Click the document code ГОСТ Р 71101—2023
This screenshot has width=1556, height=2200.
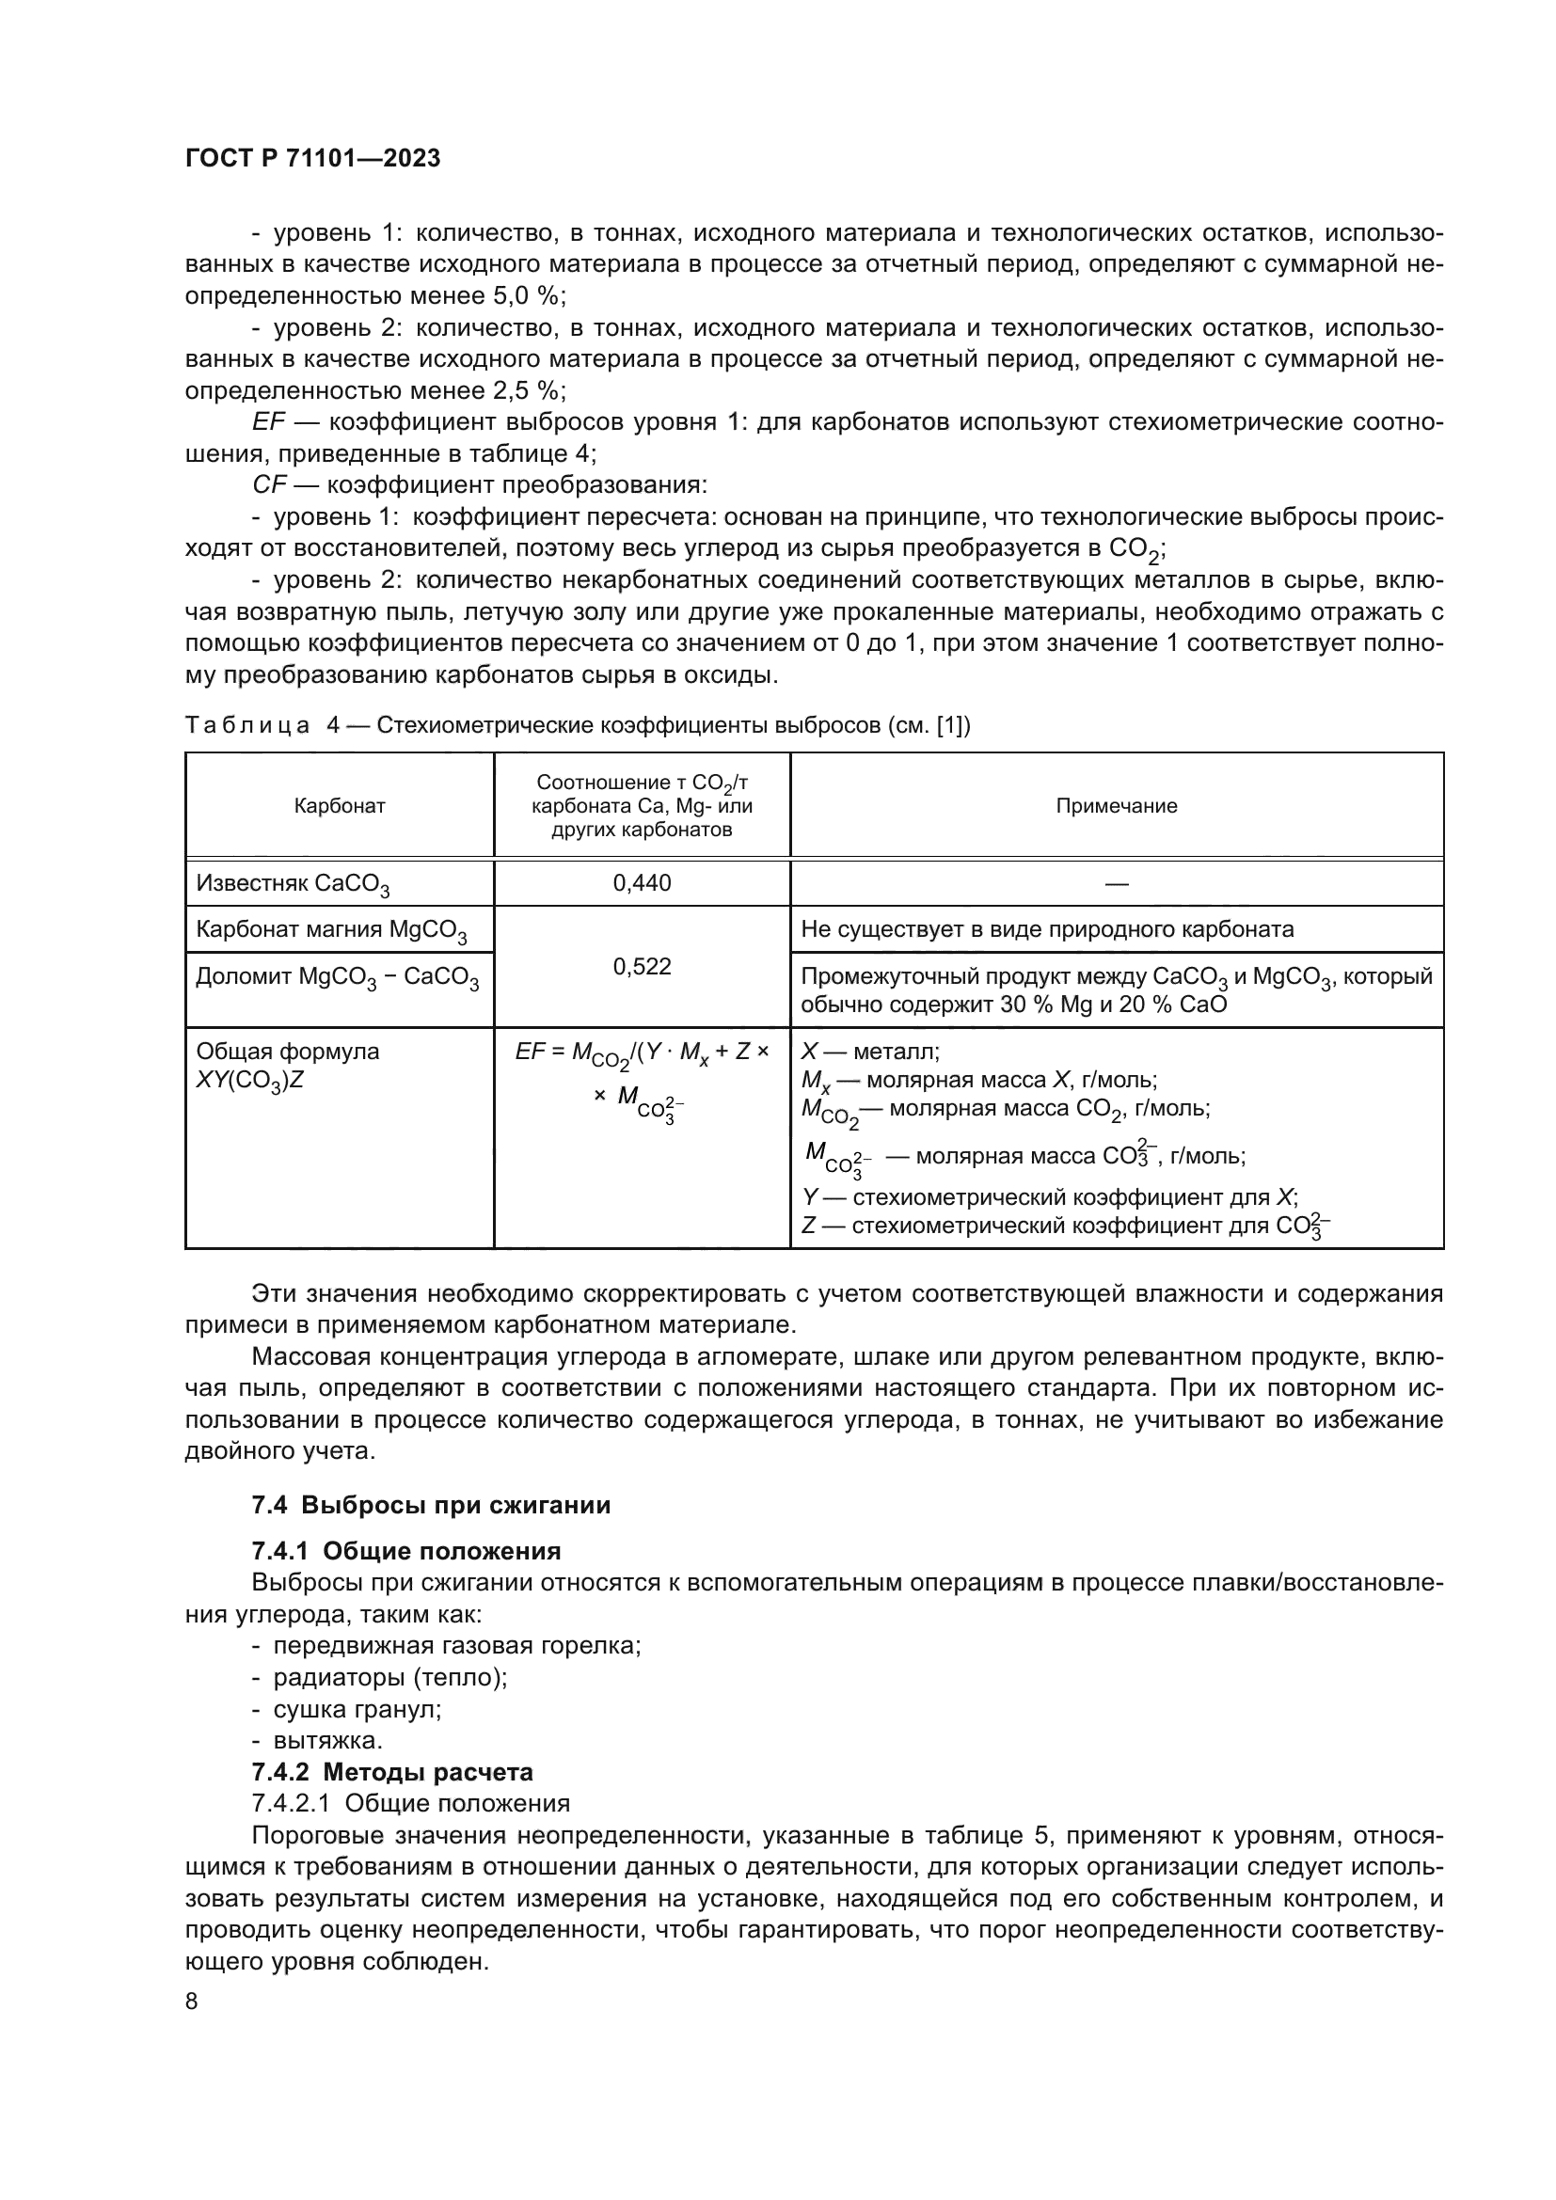(x=312, y=158)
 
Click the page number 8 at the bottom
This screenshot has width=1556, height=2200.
(x=192, y=2001)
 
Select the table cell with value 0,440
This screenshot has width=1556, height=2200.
(x=642, y=882)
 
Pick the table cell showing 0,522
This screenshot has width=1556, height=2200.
(x=642, y=966)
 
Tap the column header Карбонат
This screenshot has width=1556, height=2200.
(x=340, y=806)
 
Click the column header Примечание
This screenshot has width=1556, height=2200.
(x=1117, y=806)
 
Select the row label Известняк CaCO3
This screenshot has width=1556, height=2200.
(x=293, y=883)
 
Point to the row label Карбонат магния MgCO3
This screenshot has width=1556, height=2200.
(x=330, y=929)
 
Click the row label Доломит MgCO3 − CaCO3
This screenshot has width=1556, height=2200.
(x=338, y=977)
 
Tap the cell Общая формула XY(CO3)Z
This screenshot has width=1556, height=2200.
(x=288, y=1066)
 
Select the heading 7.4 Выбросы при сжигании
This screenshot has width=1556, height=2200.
(x=431, y=1505)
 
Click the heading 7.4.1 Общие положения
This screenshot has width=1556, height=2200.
(x=406, y=1550)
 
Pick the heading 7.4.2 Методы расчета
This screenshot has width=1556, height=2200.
(x=392, y=1772)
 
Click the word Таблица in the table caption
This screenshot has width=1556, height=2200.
(x=247, y=725)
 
